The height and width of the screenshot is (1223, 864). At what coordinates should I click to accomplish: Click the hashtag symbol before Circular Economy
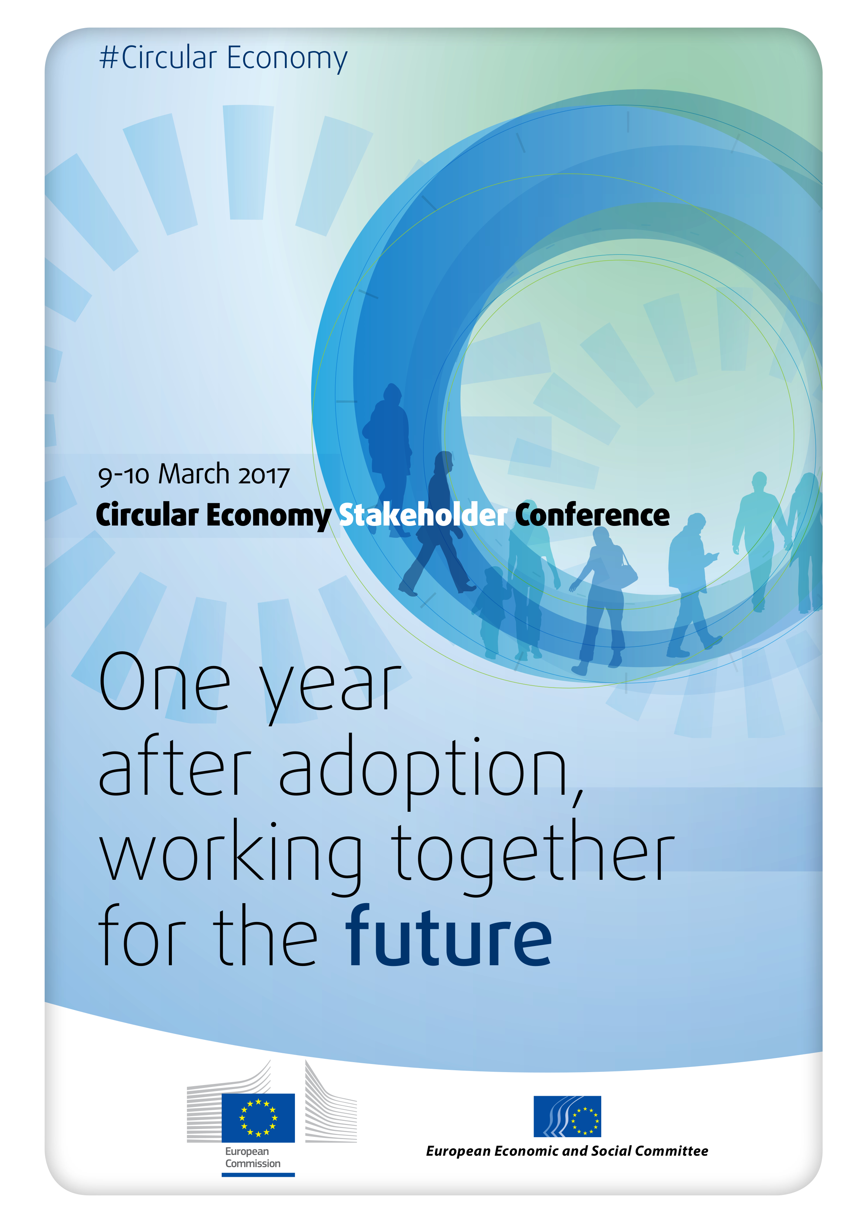click(x=109, y=58)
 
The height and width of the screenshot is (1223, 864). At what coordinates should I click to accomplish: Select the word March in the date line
click(x=194, y=474)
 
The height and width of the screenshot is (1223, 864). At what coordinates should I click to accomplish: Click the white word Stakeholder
click(x=423, y=515)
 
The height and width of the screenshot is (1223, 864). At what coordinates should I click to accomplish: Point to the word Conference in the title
click(x=592, y=515)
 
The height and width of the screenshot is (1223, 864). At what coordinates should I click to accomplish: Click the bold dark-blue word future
click(x=448, y=936)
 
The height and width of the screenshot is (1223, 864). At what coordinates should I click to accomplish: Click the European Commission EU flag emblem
click(x=258, y=1118)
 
